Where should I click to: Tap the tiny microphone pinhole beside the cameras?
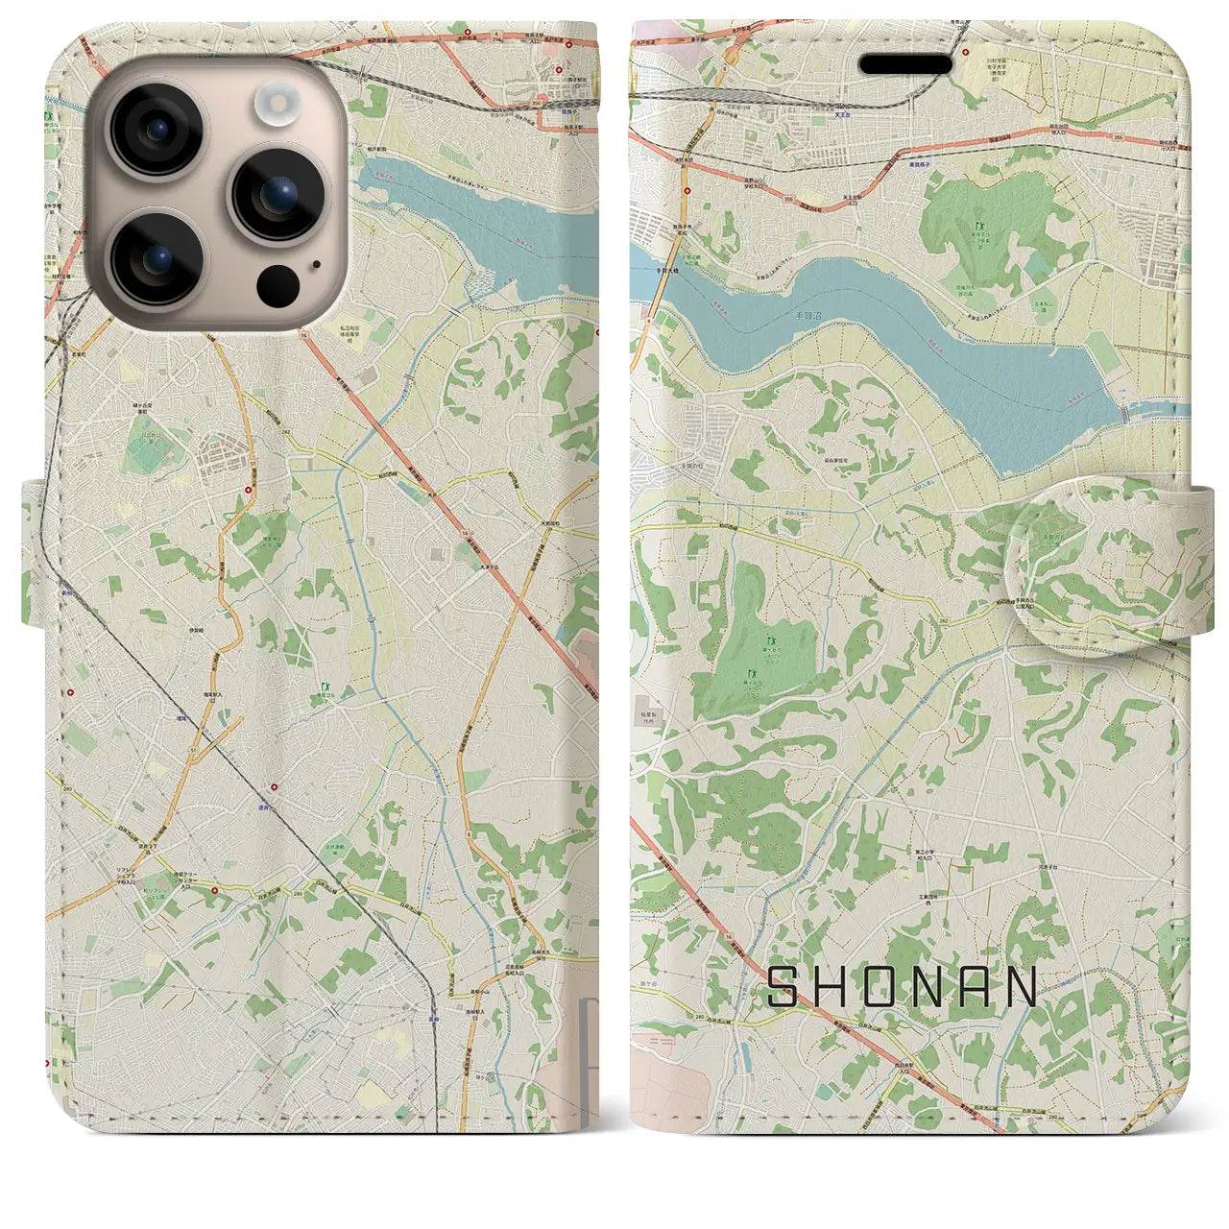(316, 266)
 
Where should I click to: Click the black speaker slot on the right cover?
(904, 64)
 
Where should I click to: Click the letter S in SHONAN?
(783, 987)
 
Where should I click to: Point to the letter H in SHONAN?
(833, 987)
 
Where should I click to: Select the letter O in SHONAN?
(884, 987)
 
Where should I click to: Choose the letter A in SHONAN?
(972, 987)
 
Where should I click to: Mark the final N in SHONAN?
(1023, 987)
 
